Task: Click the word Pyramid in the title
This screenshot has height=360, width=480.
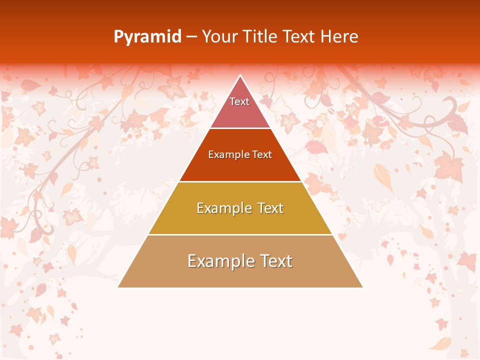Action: [x=147, y=36]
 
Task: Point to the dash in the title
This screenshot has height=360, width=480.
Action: [x=191, y=37]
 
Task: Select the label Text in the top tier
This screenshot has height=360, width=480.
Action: [x=239, y=101]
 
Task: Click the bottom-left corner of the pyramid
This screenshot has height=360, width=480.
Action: [x=118, y=287]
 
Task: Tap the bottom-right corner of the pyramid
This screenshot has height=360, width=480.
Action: [x=362, y=287]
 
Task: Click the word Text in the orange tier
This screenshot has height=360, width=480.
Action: [x=262, y=154]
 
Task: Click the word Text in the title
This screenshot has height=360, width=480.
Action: [x=298, y=36]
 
